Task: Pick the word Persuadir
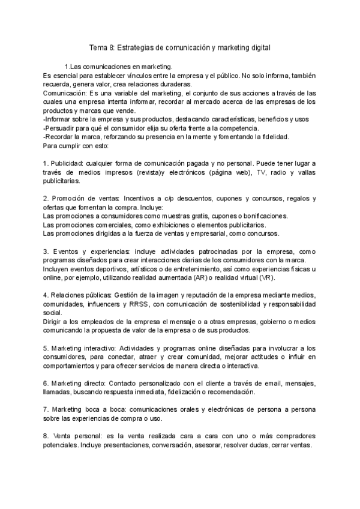[x=64, y=128]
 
